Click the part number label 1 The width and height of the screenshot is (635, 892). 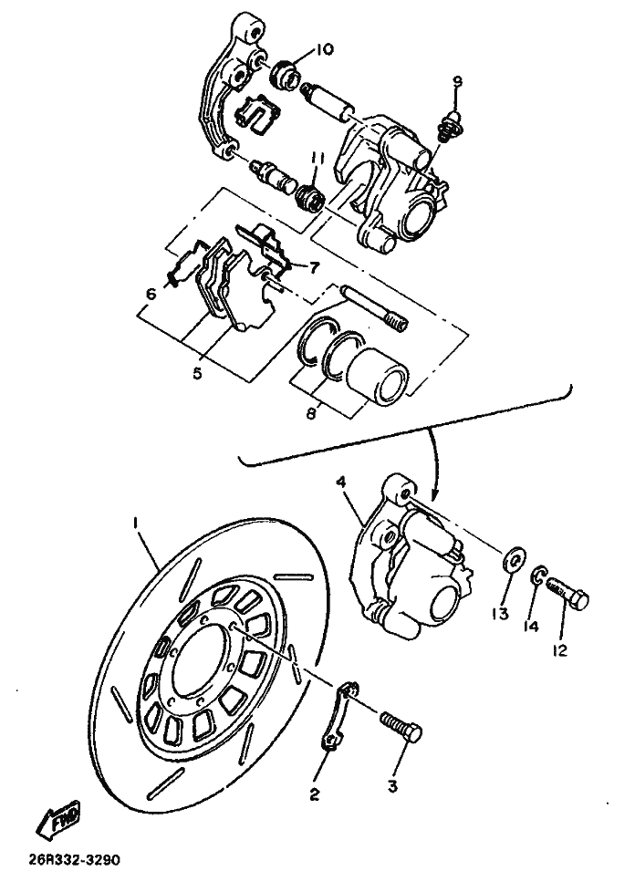[x=135, y=523]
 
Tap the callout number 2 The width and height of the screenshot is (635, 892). [x=314, y=794]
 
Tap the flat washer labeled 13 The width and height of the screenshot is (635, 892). [x=515, y=556]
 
